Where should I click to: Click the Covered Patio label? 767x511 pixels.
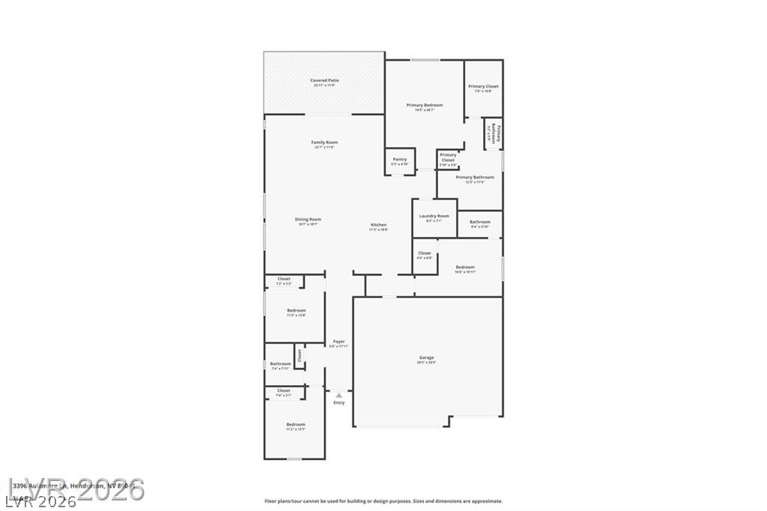click(324, 80)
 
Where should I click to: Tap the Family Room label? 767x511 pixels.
click(324, 142)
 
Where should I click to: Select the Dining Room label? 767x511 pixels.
click(308, 220)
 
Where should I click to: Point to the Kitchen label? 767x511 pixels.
click(379, 225)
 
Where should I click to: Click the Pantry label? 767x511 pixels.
click(400, 159)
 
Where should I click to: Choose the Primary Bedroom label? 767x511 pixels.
click(425, 105)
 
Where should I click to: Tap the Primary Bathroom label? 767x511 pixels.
click(475, 178)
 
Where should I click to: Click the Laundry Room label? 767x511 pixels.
click(434, 216)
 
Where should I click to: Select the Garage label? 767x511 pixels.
click(426, 357)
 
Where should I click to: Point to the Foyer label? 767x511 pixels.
click(339, 341)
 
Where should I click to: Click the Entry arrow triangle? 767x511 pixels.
click(339, 395)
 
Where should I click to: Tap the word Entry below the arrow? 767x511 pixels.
click(339, 403)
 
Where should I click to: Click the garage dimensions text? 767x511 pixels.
click(426, 363)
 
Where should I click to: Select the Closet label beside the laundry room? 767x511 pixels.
click(425, 253)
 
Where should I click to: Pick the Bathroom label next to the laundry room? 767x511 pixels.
click(480, 222)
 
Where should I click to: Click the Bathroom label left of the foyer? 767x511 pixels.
click(280, 364)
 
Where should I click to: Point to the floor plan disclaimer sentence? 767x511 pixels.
click(383, 501)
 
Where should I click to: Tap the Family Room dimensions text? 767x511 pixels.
click(324, 148)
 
